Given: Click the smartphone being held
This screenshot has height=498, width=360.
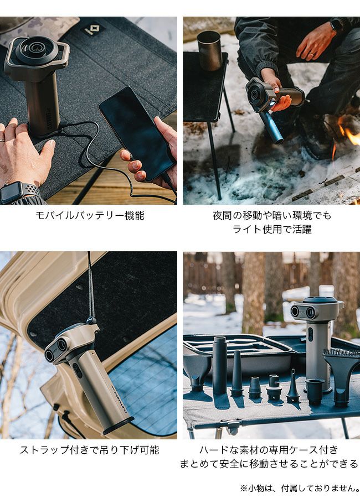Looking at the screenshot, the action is point(137,133).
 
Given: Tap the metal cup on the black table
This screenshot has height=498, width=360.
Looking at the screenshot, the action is point(209,50).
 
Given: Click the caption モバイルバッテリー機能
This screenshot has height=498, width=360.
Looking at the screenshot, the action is point(90,216).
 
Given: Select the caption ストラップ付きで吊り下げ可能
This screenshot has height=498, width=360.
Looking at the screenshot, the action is point(90,450).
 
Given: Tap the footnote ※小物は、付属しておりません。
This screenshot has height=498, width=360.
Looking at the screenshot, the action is point(300,488).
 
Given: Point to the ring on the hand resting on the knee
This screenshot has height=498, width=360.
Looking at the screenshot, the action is point(312,54).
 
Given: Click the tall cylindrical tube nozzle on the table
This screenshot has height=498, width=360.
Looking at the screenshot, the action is point(219,365).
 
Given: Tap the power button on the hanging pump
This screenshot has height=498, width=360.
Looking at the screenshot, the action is point(77,370).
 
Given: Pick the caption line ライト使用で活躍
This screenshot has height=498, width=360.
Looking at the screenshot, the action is point(272,229).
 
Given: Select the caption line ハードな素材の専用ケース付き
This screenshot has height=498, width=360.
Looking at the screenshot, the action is point(269,450).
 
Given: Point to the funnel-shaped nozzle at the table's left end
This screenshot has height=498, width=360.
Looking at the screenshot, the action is point(197,372).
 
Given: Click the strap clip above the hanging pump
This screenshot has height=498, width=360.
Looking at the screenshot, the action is point(91,320).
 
